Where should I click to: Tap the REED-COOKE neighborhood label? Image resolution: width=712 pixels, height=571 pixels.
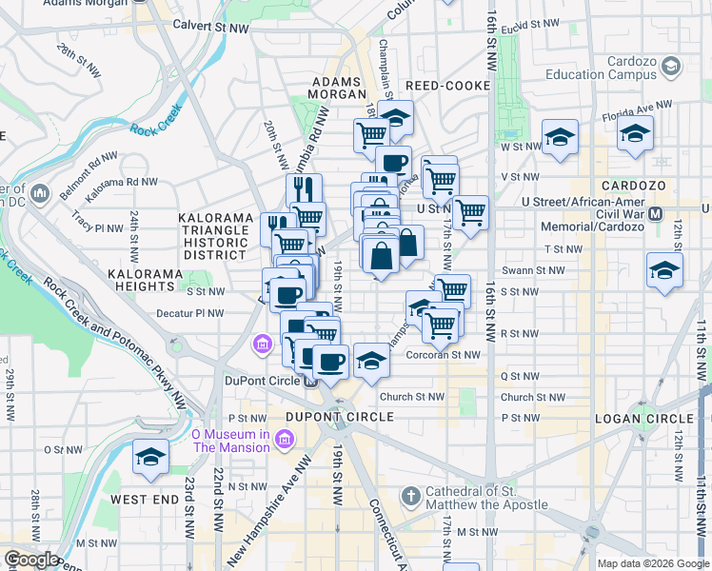click(x=442, y=86)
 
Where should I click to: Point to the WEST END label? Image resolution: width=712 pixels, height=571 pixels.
click(x=145, y=499)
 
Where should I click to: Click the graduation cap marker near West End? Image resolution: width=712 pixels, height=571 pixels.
click(x=149, y=457)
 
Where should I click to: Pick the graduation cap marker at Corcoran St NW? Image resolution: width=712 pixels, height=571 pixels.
click(x=371, y=361)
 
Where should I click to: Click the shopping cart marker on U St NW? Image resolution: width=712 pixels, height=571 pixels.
click(x=470, y=213)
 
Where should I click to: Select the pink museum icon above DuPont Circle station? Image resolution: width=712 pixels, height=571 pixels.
click(x=262, y=344)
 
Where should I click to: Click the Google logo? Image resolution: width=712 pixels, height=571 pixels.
click(x=30, y=560)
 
